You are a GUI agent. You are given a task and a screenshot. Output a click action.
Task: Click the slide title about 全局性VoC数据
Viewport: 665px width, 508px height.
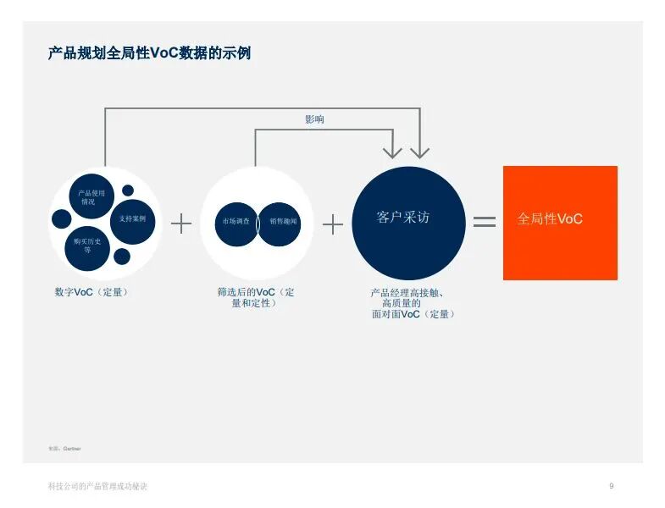click(149, 53)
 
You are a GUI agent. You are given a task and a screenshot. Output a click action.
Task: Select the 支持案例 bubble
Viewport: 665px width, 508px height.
click(133, 218)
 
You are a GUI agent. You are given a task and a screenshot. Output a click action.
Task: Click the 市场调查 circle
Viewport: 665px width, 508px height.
click(236, 222)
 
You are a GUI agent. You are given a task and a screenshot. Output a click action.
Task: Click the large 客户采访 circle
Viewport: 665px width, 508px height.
click(408, 222)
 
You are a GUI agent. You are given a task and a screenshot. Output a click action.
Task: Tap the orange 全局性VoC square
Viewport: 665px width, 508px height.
click(560, 223)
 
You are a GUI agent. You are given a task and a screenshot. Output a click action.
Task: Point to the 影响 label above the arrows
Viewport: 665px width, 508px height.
click(314, 119)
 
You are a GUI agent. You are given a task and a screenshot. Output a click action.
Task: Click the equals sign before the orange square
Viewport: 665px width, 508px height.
click(484, 222)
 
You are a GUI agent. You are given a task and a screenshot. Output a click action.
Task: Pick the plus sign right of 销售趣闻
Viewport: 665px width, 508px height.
click(333, 224)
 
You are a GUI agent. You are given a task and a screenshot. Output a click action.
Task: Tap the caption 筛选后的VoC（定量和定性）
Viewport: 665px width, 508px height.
click(255, 297)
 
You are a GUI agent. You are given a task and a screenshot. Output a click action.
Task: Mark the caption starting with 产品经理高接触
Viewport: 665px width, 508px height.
click(413, 303)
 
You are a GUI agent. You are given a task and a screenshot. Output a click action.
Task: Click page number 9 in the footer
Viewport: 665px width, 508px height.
click(612, 486)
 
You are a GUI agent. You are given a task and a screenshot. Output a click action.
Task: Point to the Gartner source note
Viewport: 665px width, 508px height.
click(65, 447)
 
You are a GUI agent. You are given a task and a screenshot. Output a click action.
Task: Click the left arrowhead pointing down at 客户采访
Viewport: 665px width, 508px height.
click(391, 152)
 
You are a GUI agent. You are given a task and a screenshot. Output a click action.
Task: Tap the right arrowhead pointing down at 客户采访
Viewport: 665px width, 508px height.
click(420, 152)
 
